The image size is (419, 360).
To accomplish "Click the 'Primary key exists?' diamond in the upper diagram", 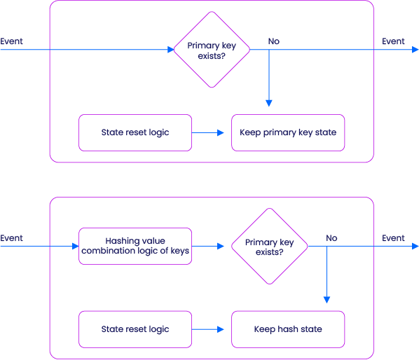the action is coord(212,50).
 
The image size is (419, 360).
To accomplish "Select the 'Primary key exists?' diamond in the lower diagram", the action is coord(269,247).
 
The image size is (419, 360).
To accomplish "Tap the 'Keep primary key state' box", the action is coord(288,133).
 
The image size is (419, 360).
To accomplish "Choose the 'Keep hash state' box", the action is coord(288,329).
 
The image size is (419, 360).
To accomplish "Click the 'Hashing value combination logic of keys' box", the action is coord(135,247).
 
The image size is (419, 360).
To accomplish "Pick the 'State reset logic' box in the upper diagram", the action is coord(135,133).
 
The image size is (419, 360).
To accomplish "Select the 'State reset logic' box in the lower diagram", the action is coord(135,329).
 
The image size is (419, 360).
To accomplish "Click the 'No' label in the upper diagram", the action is coord(274,41).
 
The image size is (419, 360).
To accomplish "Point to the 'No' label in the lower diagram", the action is coord(331,238).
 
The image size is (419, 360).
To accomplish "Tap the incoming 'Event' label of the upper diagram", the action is coord(11,41).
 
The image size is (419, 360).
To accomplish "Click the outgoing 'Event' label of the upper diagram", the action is coord(393,41).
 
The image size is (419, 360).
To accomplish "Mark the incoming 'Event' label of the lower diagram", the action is coord(11,238).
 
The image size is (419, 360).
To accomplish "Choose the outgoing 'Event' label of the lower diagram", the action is coord(393,238).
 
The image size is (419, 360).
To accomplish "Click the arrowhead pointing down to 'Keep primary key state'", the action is coord(269,103).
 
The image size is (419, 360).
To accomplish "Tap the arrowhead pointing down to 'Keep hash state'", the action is coord(327,300).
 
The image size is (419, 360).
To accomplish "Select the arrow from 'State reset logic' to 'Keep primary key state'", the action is coord(208,133).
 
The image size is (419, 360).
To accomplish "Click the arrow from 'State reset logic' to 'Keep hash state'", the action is coord(208,329).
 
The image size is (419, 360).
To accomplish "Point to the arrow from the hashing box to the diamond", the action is coord(208,247).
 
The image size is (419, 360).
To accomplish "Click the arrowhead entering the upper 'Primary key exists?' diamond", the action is coord(171,50).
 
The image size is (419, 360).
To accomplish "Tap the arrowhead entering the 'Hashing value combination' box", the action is coord(76,247).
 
